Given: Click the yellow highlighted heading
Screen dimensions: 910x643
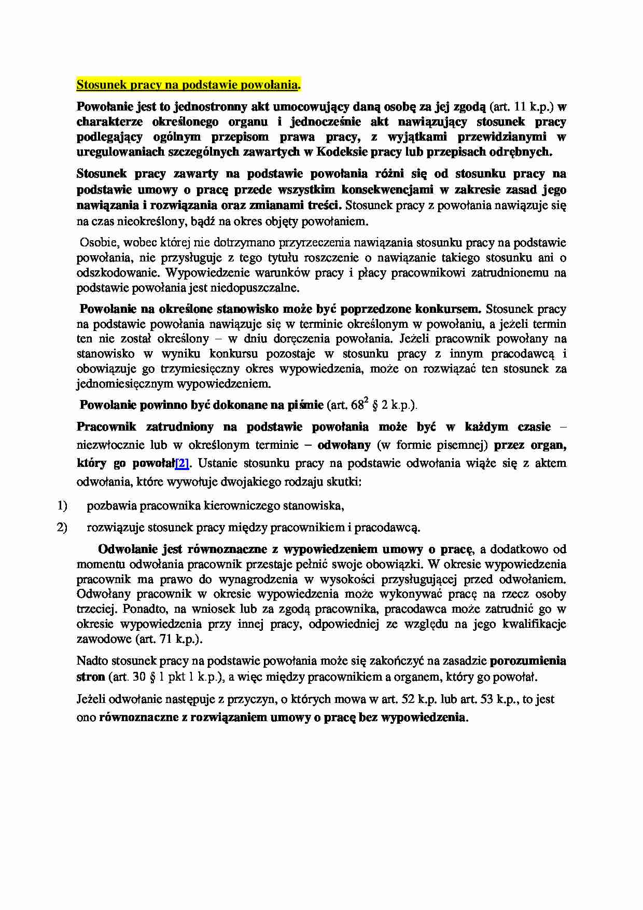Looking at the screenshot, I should coord(188,84).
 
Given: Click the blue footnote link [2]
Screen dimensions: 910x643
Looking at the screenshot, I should coord(182,463).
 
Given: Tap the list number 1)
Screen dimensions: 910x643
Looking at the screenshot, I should coord(62,505).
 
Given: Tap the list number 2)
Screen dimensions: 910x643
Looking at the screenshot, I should coord(62,528).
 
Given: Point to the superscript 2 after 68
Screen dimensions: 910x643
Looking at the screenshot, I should coord(366,399).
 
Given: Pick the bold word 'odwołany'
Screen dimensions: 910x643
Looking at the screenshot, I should coord(344,445).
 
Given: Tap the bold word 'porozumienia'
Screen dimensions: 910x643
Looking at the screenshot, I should coord(528,661).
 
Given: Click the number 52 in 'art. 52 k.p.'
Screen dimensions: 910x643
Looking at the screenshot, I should coord(408,699).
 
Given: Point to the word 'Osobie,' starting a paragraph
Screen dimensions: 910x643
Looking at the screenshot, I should coord(99,242).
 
